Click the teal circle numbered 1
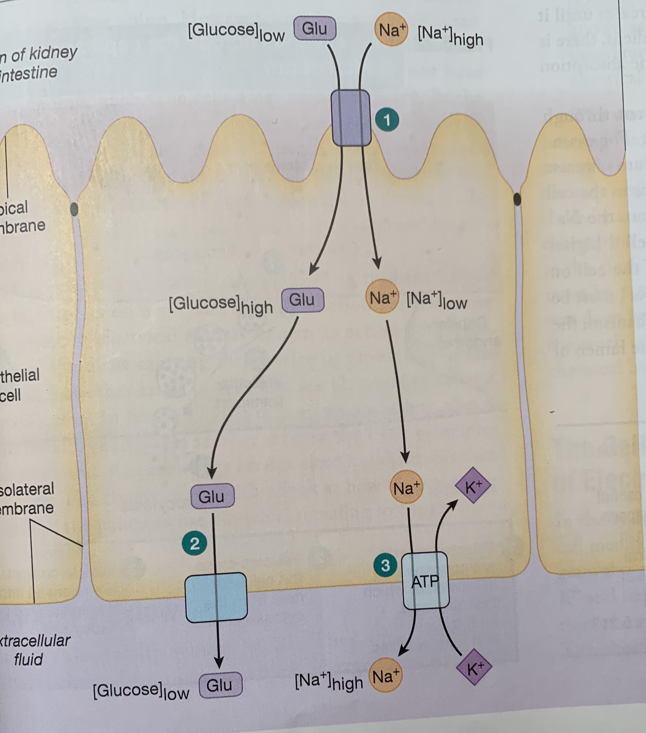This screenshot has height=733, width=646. pyautogui.click(x=387, y=120)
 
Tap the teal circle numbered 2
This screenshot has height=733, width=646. pyautogui.click(x=194, y=544)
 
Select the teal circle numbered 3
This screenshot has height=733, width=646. pyautogui.click(x=385, y=566)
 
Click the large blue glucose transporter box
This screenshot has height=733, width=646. pyautogui.click(x=216, y=597)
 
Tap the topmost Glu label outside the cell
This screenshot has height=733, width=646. pyautogui.click(x=315, y=29)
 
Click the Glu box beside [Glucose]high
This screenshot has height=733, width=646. pyautogui.click(x=302, y=300)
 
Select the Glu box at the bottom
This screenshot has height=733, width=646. pyautogui.click(x=220, y=685)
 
